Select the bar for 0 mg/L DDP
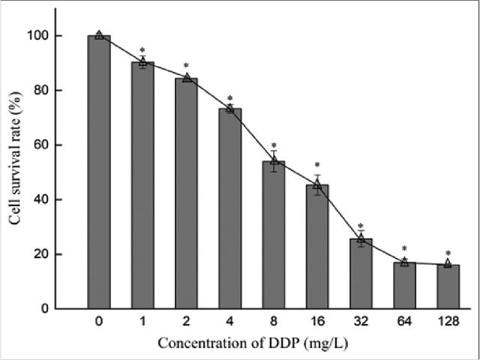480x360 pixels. click(99, 172)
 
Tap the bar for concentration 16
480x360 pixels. click(318, 247)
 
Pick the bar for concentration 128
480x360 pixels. click(448, 286)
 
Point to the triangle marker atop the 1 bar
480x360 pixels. click(142, 61)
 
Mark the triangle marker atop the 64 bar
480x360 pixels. click(405, 262)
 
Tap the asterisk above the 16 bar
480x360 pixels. click(318, 166)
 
